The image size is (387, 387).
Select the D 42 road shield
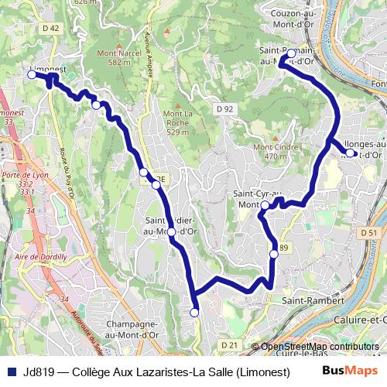pyautogui.click(x=51, y=28)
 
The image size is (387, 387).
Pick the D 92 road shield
pyautogui.click(x=224, y=109)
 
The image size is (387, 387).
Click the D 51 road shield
pyautogui.click(x=368, y=233)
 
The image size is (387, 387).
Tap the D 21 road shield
pyautogui.click(x=228, y=344)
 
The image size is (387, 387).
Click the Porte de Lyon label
pyautogui.click(x=19, y=175)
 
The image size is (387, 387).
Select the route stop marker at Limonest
pyautogui.click(x=32, y=75)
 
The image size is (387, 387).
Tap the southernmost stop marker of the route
pyautogui.click(x=194, y=312)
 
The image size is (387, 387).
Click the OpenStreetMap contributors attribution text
pyautogui.click(x=320, y=347)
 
